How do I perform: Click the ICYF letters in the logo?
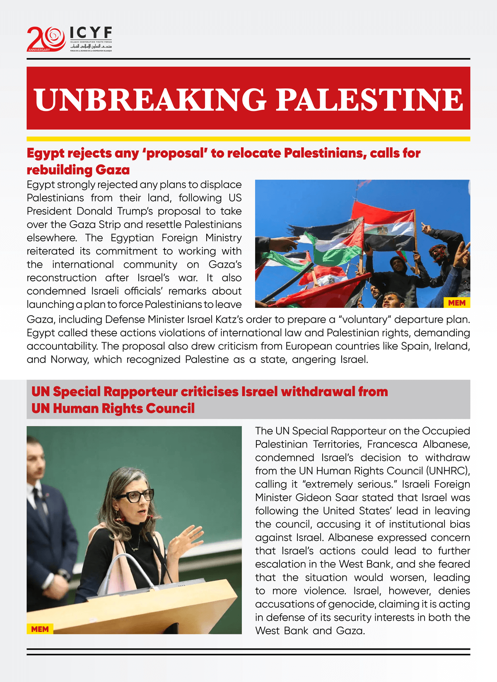coord(91,33)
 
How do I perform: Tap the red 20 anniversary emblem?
coord(46,39)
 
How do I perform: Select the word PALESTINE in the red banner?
coord(369,100)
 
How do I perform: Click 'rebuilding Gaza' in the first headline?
coord(78,170)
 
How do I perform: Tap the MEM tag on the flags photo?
coord(456,303)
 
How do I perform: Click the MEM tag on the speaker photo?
coord(40,629)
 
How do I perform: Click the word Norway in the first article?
coord(70,359)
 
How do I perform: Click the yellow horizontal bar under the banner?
coord(248,139)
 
